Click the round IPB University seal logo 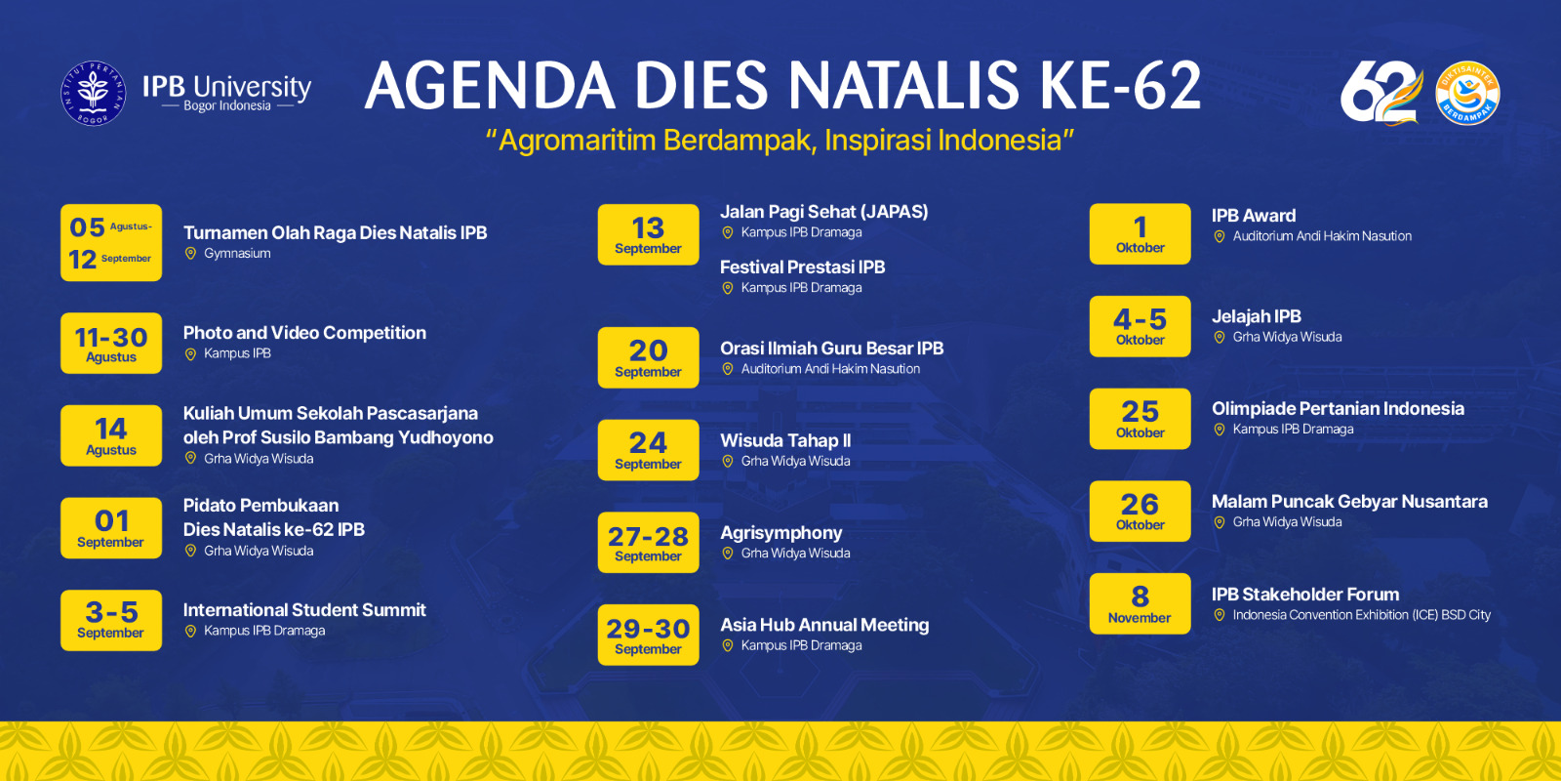click(94, 94)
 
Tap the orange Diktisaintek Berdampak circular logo click(1467, 94)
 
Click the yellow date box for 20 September click(648, 357)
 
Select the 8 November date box click(1141, 604)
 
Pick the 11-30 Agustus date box click(111, 343)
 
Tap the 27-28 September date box click(648, 543)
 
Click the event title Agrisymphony click(781, 533)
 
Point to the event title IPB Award click(1254, 216)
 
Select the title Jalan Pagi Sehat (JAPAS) click(823, 212)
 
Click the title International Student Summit click(304, 610)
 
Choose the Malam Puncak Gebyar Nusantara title click(1350, 502)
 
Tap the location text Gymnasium click(238, 254)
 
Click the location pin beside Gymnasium click(190, 254)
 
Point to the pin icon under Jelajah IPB click(1220, 338)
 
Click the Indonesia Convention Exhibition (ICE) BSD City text click(1362, 615)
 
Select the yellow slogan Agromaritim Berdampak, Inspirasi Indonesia click(780, 141)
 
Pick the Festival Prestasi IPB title click(803, 267)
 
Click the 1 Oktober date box click(1141, 234)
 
